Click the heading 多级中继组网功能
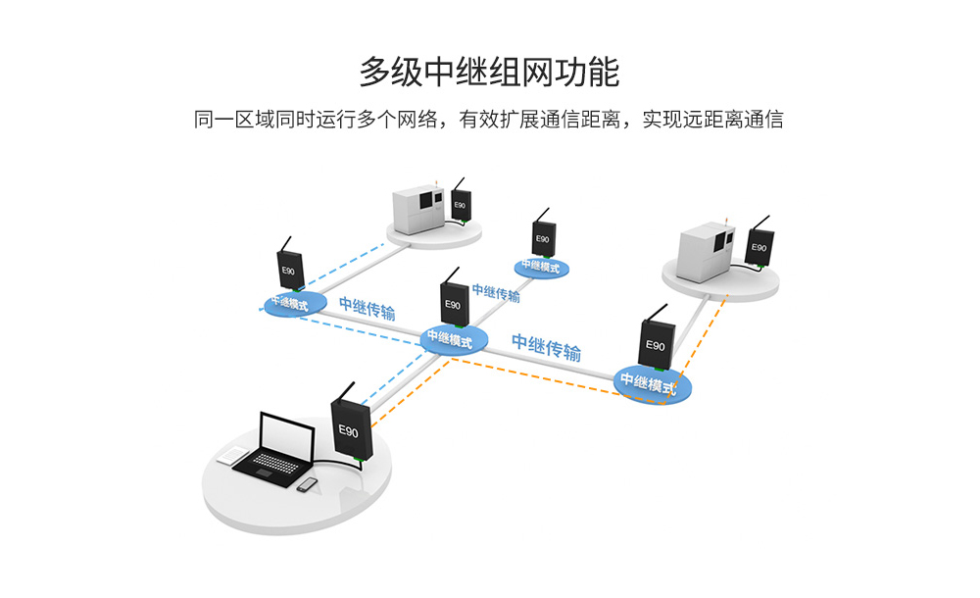pyautogui.click(x=489, y=72)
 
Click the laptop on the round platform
pyautogui.click(x=275, y=450)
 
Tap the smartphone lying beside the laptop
pyautogui.click(x=308, y=483)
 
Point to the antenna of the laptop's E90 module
pyautogui.click(x=343, y=395)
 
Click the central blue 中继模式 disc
pyautogui.click(x=453, y=340)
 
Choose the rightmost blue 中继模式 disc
pyautogui.click(x=653, y=382)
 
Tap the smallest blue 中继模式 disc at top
pyautogui.click(x=541, y=265)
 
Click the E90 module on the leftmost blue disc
pyautogui.click(x=290, y=269)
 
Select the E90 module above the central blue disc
pyautogui.click(x=453, y=304)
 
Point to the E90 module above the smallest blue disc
pyautogui.click(x=543, y=235)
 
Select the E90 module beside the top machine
pyautogui.click(x=460, y=203)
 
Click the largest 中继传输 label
pyautogui.click(x=546, y=347)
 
